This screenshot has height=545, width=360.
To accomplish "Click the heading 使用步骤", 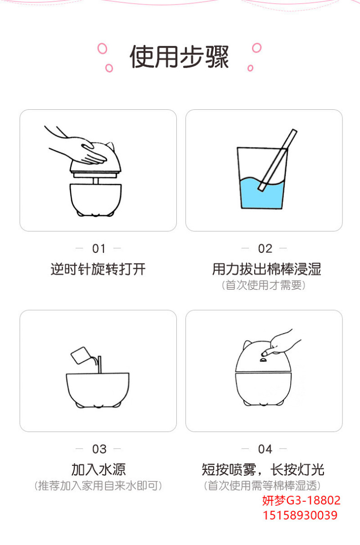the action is click(x=179, y=57).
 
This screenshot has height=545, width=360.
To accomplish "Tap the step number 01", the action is click(x=99, y=249).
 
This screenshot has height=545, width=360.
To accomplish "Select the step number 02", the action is click(x=265, y=249).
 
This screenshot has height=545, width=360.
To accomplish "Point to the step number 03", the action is click(x=99, y=449).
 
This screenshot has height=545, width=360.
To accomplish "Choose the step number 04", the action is click(x=265, y=449).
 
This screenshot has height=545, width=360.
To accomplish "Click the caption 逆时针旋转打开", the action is click(x=98, y=269).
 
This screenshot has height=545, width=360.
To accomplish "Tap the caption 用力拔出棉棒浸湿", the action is click(x=266, y=269).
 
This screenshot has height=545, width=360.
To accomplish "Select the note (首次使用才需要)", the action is click(x=264, y=285).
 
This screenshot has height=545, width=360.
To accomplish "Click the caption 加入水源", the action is click(x=99, y=469).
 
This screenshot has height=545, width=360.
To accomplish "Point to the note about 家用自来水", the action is click(x=98, y=486).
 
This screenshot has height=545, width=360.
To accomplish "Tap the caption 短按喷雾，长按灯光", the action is click(x=263, y=469).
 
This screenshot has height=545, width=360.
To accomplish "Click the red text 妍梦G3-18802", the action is click(x=301, y=500).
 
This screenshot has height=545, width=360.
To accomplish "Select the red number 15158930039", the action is click(x=300, y=515).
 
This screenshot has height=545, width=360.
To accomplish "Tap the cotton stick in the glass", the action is click(x=278, y=160).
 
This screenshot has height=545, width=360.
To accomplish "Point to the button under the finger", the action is click(x=263, y=360).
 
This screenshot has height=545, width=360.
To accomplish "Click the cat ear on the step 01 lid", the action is click(x=110, y=146).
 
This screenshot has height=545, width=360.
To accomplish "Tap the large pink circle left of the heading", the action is click(x=103, y=49).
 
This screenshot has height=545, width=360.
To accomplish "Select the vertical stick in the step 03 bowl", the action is click(x=100, y=365).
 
